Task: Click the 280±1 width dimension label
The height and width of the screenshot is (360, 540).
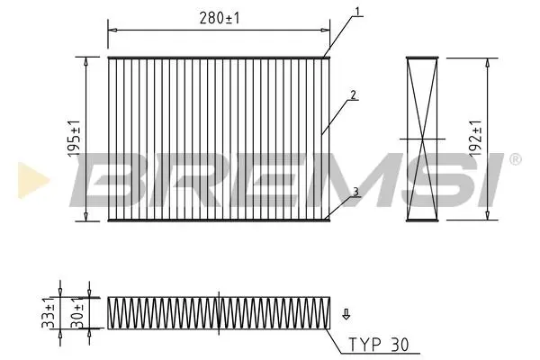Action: click(x=220, y=18)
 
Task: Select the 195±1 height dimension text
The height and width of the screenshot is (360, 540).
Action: click(x=74, y=139)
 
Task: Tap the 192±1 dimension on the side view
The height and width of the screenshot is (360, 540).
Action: click(x=475, y=139)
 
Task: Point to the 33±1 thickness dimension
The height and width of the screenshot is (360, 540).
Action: click(x=49, y=316)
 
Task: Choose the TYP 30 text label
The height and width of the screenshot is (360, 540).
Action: click(x=379, y=344)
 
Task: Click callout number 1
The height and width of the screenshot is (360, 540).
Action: click(x=357, y=12)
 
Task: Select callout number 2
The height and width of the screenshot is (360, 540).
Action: click(x=353, y=94)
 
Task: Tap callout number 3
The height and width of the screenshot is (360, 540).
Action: click(x=355, y=193)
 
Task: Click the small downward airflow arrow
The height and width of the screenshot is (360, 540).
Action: click(x=346, y=314)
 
